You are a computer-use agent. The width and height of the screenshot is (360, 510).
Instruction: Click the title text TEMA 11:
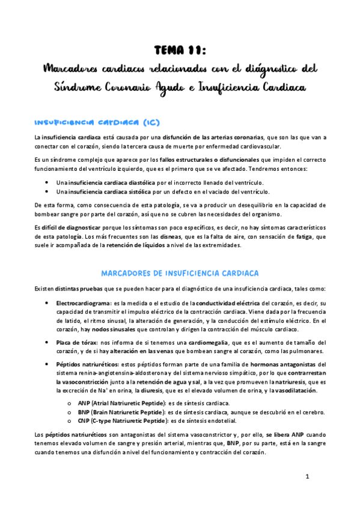click(x=180, y=51)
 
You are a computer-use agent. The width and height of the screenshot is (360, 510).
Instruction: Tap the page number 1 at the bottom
click(x=307, y=477)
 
